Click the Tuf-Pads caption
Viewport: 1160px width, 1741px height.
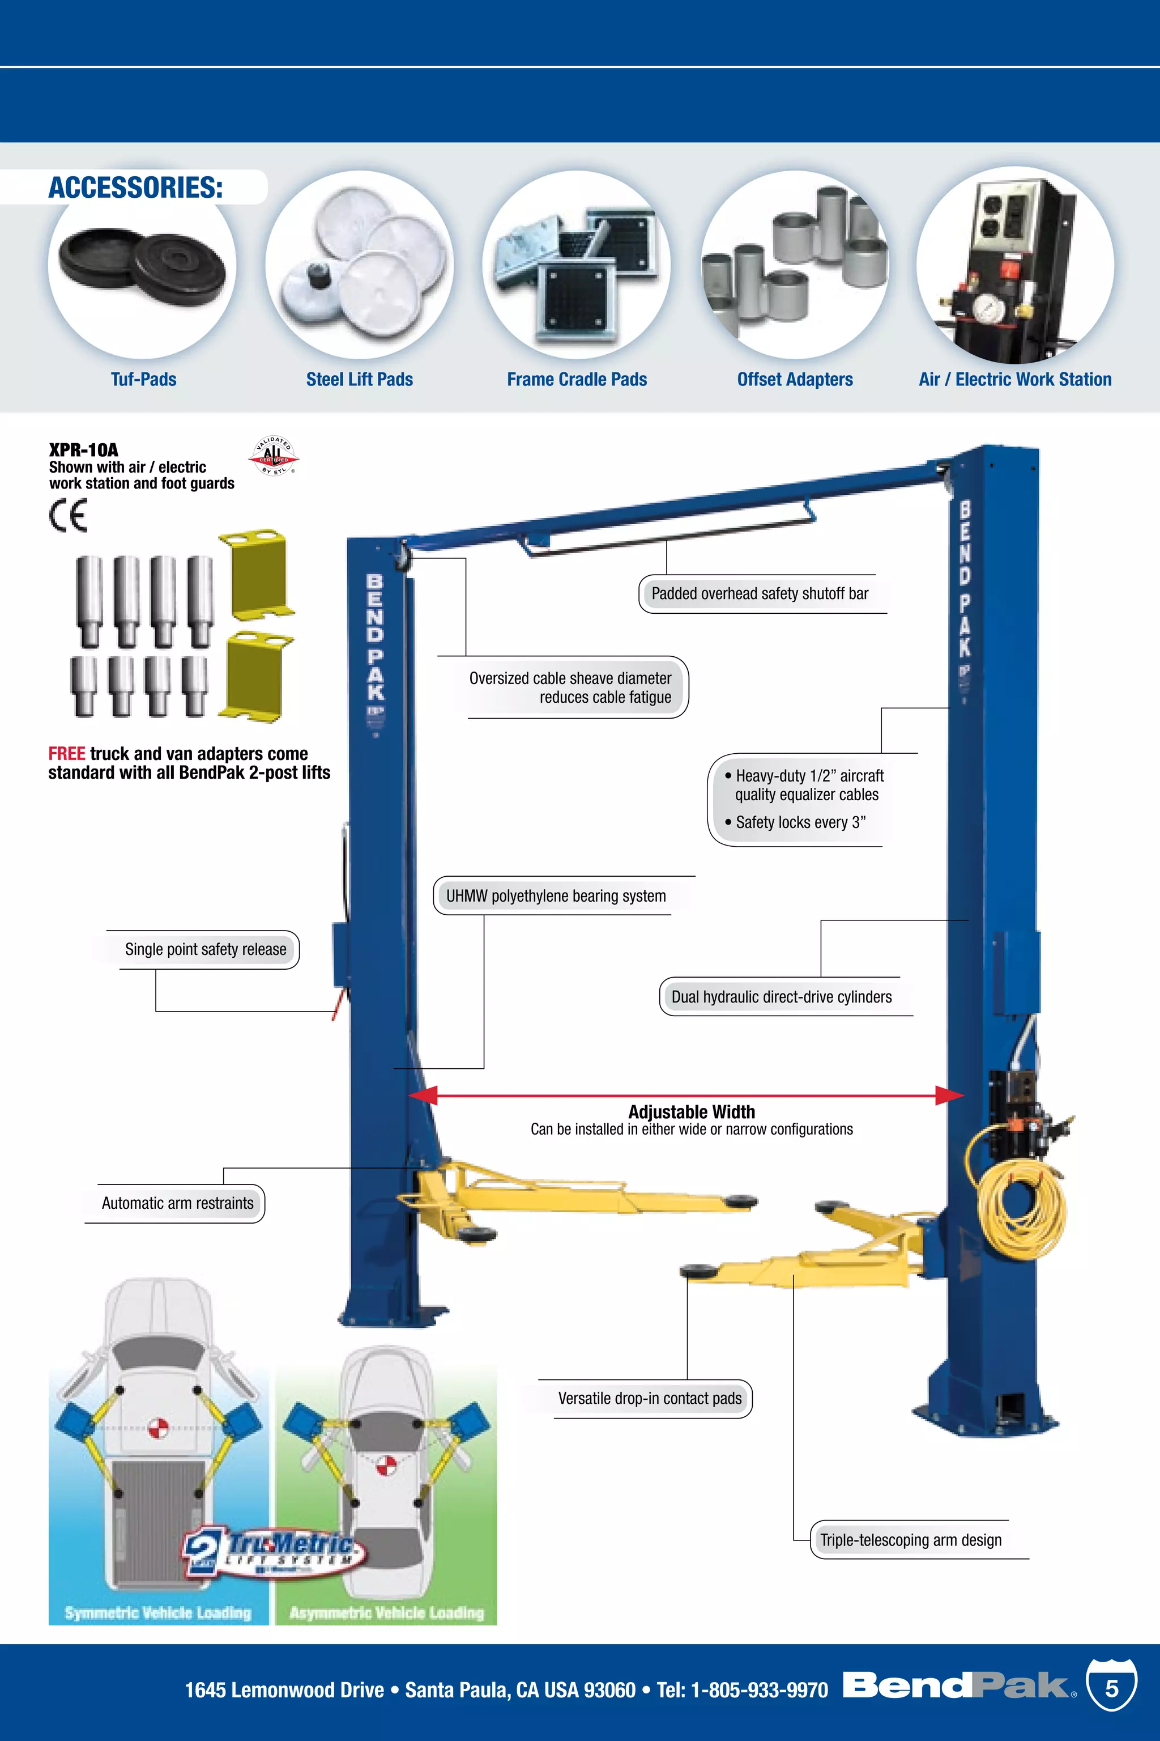click(143, 380)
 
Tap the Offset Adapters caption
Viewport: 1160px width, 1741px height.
click(795, 380)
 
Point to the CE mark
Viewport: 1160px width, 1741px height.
click(68, 515)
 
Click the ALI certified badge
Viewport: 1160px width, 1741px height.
click(273, 455)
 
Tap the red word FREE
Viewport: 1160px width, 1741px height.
click(67, 754)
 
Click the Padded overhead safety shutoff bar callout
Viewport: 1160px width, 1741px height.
click(760, 594)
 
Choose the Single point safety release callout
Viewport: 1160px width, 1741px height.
click(205, 950)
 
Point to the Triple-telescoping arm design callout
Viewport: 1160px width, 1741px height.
click(911, 1540)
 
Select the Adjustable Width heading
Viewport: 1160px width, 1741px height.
click(691, 1112)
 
